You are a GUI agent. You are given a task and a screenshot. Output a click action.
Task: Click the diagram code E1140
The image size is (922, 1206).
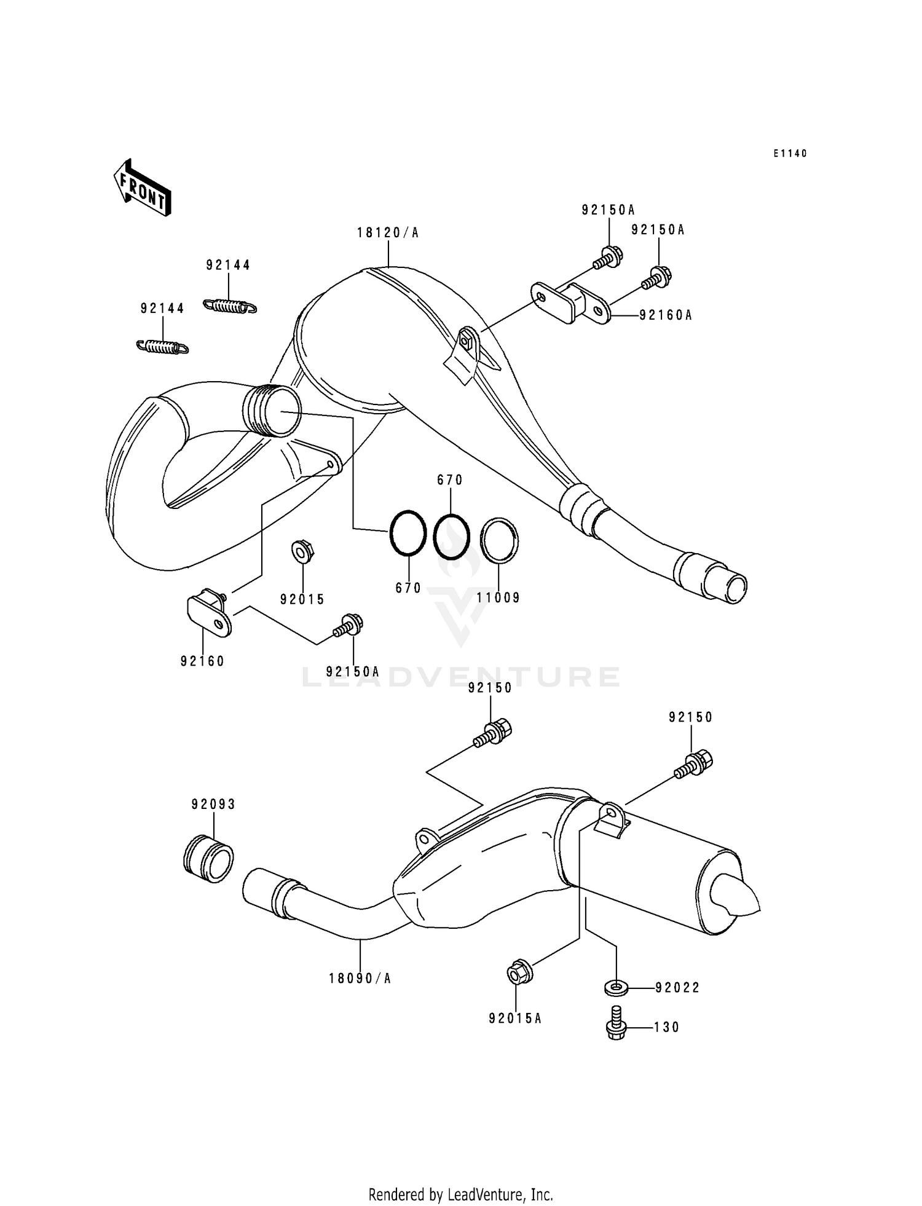[790, 154]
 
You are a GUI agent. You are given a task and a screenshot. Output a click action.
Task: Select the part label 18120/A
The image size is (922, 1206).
[388, 233]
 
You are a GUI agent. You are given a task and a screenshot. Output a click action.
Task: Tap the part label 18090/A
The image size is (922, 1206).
[360, 979]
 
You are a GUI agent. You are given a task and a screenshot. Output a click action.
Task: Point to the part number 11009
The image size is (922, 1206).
[498, 597]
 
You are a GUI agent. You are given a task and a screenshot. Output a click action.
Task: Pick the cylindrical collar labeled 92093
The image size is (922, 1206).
[209, 858]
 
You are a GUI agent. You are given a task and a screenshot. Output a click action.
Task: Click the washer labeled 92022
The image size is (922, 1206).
[615, 988]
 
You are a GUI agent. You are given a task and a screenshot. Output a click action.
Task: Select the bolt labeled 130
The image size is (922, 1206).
[615, 1023]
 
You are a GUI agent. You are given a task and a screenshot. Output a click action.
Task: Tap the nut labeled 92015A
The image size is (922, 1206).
[519, 973]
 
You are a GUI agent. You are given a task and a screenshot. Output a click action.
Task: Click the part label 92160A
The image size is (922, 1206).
[666, 315]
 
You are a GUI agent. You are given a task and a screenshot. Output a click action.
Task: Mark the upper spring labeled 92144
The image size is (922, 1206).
[229, 305]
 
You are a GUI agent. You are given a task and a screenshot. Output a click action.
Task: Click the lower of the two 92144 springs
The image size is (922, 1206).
[162, 347]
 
